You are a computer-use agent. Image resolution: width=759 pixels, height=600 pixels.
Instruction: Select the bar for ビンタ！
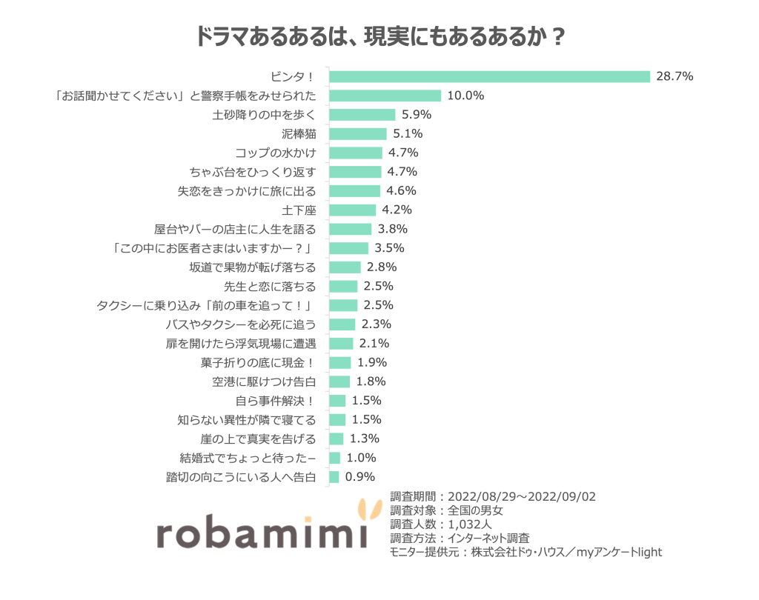(x=489, y=76)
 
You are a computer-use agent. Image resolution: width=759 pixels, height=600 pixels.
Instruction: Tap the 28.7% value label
(x=675, y=76)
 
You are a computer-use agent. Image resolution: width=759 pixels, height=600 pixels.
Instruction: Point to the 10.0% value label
(x=465, y=96)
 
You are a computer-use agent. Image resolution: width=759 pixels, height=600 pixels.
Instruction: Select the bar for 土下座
(x=352, y=210)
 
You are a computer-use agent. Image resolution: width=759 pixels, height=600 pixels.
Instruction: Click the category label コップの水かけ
(x=276, y=153)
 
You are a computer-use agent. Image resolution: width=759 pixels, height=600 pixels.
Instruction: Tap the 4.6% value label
(x=401, y=190)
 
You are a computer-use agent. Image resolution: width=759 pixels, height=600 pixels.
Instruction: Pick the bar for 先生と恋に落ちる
(x=343, y=286)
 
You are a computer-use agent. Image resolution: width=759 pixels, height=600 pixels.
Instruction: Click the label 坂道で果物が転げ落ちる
(x=253, y=267)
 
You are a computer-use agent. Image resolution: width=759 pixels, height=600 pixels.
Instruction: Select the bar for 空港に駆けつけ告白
(x=339, y=381)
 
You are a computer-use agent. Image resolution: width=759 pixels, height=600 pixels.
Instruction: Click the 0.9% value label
(x=360, y=477)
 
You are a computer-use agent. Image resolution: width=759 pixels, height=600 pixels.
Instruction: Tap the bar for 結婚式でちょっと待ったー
(x=334, y=458)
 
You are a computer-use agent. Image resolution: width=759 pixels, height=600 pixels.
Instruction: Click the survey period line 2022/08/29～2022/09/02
(x=493, y=496)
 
